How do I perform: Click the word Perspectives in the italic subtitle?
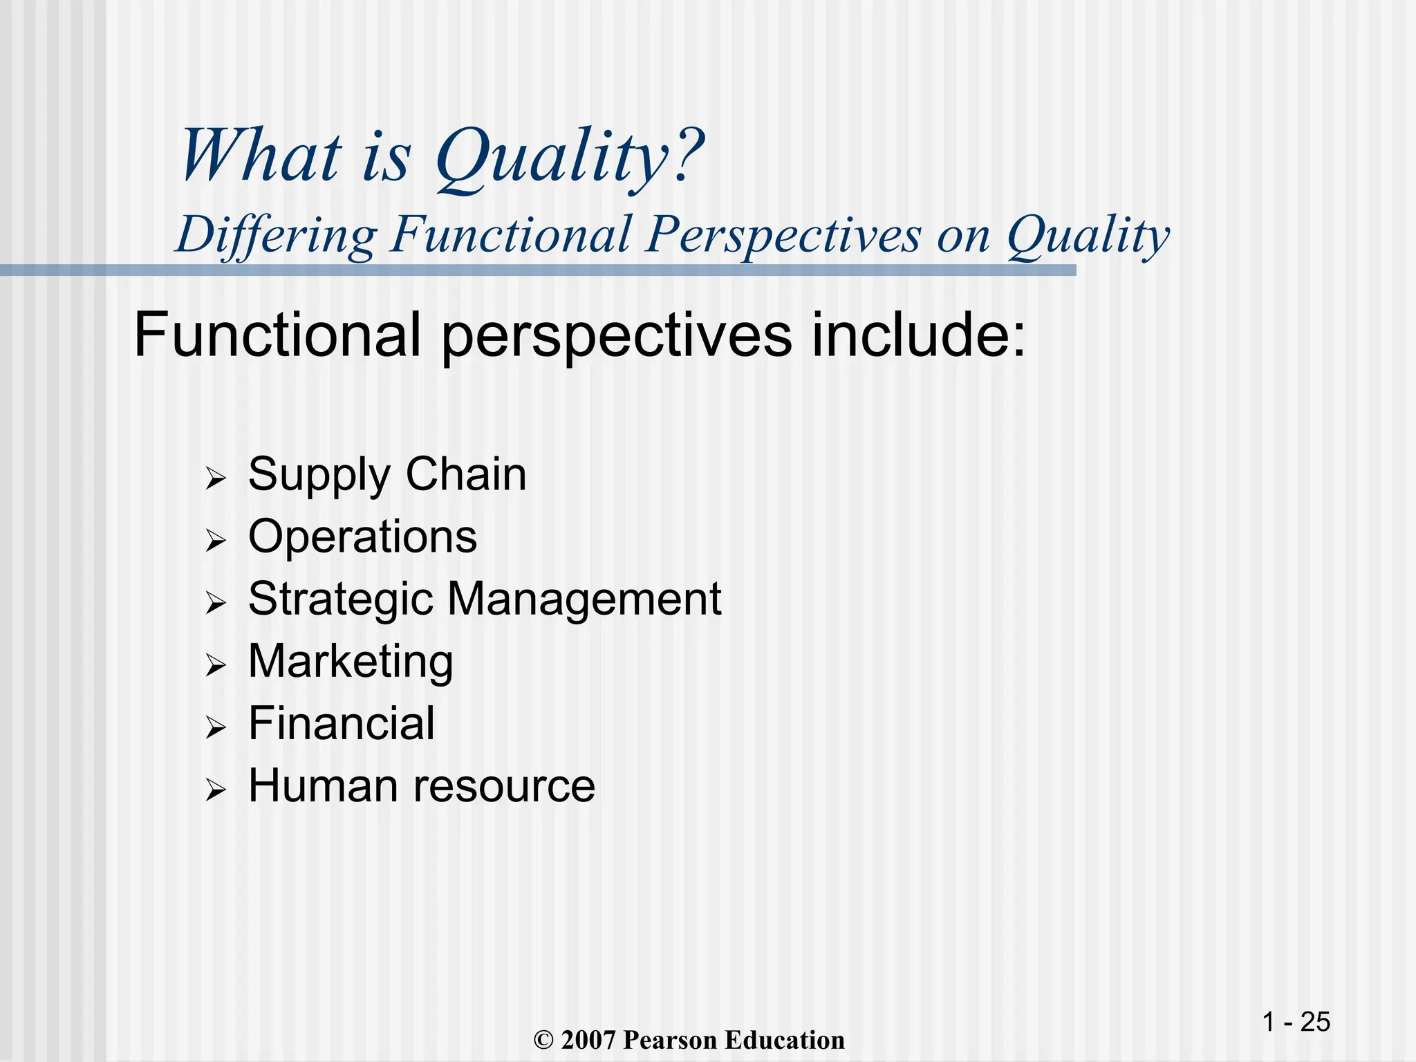(783, 235)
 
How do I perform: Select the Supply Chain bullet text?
(387, 476)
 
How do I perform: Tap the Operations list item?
(362, 537)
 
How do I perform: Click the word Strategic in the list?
(339, 599)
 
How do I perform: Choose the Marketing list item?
(351, 662)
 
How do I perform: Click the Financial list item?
(342, 724)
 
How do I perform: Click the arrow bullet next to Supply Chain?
(216, 478)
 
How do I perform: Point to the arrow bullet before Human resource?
(216, 790)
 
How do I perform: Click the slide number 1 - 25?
(1296, 1022)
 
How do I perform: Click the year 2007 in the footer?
(588, 1040)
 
